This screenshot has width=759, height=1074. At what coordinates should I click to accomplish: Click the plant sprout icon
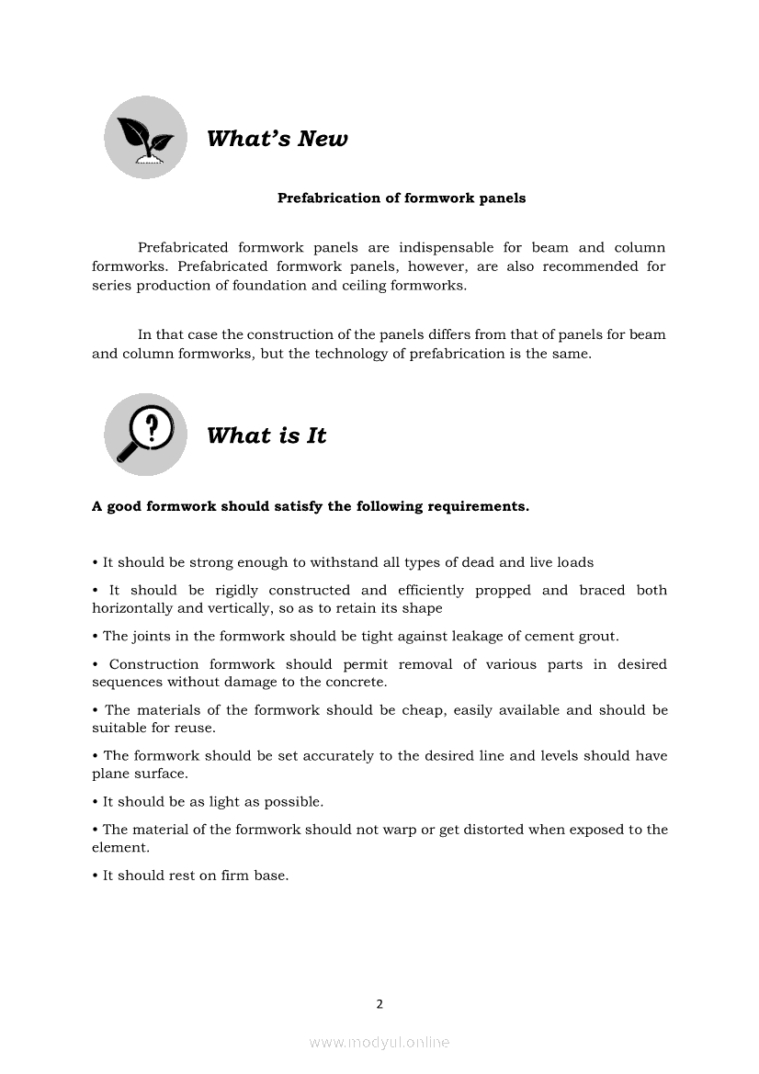pyautogui.click(x=145, y=138)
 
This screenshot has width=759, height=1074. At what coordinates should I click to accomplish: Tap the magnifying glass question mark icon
pyautogui.click(x=145, y=435)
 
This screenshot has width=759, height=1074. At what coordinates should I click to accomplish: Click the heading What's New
pyautogui.click(x=277, y=139)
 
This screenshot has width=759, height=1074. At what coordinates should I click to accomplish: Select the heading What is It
pyautogui.click(x=266, y=435)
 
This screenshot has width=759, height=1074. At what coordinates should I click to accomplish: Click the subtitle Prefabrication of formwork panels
pyautogui.click(x=402, y=198)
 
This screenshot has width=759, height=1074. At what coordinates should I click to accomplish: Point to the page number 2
pyautogui.click(x=379, y=1003)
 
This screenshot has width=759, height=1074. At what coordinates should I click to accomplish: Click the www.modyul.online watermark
pyautogui.click(x=379, y=1042)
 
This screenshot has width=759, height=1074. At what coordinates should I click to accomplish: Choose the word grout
pyautogui.click(x=598, y=636)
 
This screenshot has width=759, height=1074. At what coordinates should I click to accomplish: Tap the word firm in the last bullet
pyautogui.click(x=237, y=876)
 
